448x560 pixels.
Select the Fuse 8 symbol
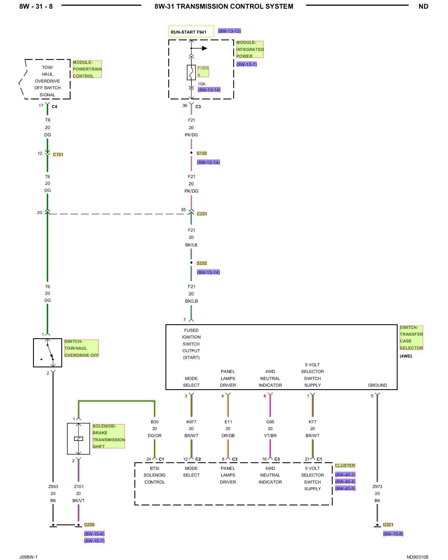tap(191, 73)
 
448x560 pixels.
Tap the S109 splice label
tap(202, 153)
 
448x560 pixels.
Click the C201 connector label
tap(202, 214)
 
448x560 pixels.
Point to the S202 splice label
tap(202, 263)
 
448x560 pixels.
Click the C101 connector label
tap(58, 155)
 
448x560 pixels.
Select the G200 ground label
tap(89, 525)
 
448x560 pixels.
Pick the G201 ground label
tap(388, 525)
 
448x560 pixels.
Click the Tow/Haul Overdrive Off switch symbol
tap(48, 353)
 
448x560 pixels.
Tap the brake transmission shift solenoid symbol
tap(78, 439)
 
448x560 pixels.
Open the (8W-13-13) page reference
tap(229, 31)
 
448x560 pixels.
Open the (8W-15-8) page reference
tap(393, 534)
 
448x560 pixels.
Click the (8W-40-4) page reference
tap(345, 482)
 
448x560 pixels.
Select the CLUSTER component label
tap(345, 466)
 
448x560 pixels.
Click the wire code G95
tap(270, 422)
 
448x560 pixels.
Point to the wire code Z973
tap(377, 487)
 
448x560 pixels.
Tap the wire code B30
tap(155, 422)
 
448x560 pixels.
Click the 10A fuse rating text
tap(202, 84)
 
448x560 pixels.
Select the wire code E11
tap(228, 422)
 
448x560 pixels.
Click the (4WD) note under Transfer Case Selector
tap(406, 356)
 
